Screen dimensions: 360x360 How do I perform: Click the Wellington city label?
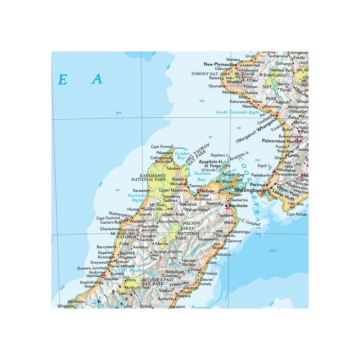[x=247, y=190]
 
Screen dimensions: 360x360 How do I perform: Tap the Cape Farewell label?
[x=162, y=147]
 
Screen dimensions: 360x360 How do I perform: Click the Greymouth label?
[x=100, y=262]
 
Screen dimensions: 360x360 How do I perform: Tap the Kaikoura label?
[x=223, y=254]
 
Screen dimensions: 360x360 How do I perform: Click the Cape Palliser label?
[x=297, y=214]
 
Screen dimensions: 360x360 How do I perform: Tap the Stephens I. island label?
[x=218, y=154]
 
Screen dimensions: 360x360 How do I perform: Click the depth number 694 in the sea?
[x=119, y=113]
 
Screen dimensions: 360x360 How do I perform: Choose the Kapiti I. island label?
[x=263, y=166]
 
